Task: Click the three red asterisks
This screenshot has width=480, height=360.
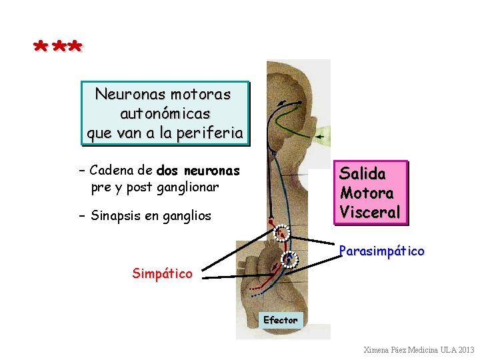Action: coord(58,47)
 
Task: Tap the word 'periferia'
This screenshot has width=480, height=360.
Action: coord(211,133)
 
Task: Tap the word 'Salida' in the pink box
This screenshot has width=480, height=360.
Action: coord(363,174)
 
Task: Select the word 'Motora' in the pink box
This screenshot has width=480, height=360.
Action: coord(367,193)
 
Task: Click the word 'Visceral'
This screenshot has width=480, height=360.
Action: coord(370,213)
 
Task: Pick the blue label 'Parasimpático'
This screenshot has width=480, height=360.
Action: coord(381,251)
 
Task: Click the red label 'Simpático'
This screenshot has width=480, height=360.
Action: coord(162,273)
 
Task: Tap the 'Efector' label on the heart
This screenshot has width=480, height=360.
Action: coord(280,320)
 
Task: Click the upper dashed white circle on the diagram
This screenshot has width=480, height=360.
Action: coord(282,233)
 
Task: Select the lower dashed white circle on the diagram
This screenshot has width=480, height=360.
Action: coord(289,259)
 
